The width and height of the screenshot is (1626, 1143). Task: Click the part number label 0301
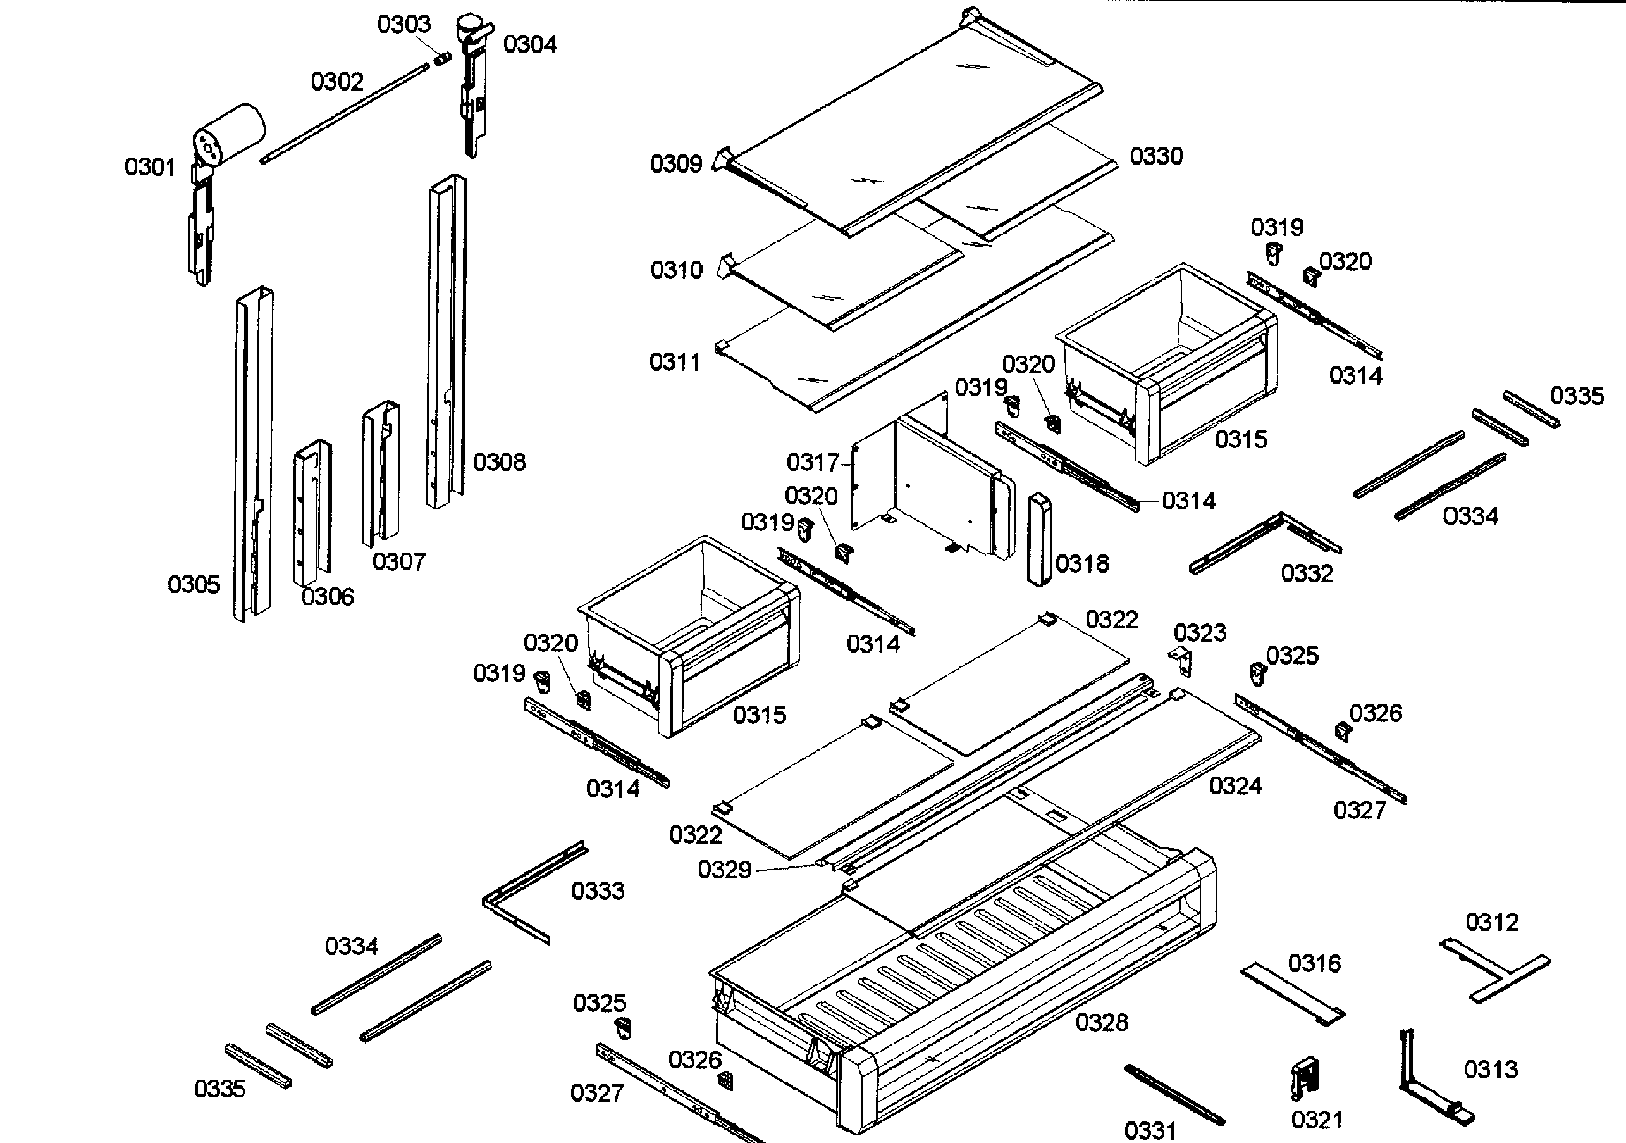tap(149, 167)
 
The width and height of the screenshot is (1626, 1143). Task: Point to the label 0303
tap(403, 25)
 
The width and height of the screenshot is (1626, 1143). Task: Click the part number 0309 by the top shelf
tap(675, 165)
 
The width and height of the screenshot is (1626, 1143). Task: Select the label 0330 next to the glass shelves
tap(1155, 156)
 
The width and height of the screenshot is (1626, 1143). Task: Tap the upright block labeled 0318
tap(1039, 539)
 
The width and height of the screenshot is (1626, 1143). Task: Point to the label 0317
tap(812, 463)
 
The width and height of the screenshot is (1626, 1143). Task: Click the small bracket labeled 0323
tap(1181, 661)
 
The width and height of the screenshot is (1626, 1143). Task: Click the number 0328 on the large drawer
tap(1101, 1023)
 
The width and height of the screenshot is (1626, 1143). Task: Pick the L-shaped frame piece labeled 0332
tap(1264, 542)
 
